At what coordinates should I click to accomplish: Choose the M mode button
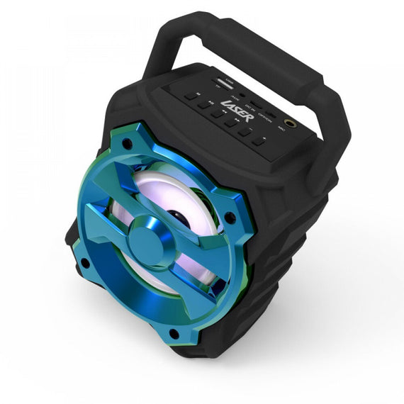coord(191,94)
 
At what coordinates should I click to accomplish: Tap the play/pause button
coord(204,104)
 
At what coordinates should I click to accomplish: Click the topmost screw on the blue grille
coord(128,144)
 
